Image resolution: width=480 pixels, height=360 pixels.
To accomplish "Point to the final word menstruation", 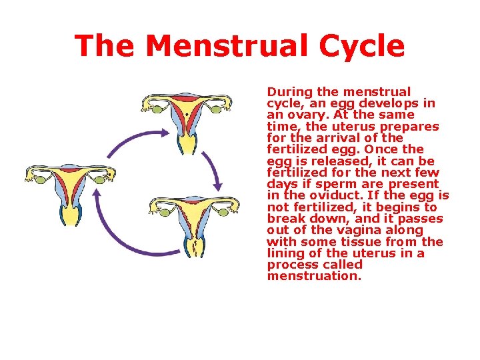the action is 314,276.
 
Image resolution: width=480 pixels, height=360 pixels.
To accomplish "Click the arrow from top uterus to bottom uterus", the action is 214,161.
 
